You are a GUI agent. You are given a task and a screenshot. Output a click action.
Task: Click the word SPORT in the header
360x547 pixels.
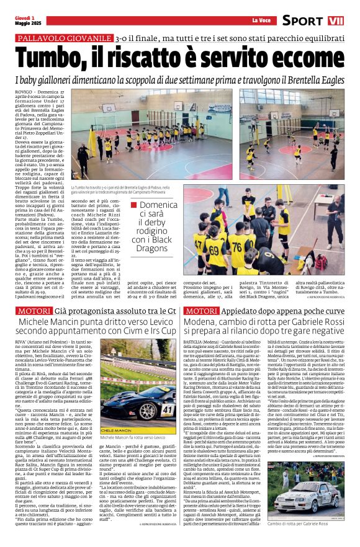coord(302,20)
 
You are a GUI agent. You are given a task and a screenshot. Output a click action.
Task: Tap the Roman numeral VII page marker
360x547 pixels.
coord(336,20)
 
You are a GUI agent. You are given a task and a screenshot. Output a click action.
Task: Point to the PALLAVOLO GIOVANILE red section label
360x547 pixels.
coord(65,38)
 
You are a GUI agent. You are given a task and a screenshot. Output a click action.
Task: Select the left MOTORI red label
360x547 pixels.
coord(32,310)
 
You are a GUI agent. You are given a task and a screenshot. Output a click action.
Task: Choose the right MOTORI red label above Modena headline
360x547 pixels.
coord(202,310)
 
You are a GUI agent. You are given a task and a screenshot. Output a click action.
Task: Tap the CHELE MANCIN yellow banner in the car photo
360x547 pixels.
coord(117,429)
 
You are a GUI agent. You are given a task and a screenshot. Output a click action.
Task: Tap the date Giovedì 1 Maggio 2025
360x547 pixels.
coord(25,20)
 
